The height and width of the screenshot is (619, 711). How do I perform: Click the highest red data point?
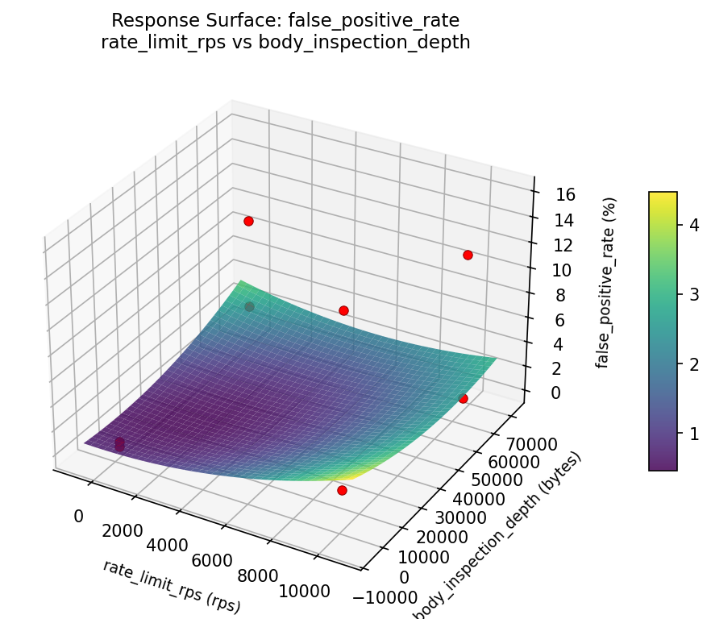(x=248, y=221)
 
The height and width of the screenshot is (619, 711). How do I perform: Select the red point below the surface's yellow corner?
(x=342, y=490)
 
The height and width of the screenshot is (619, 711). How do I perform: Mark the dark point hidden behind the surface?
(x=249, y=306)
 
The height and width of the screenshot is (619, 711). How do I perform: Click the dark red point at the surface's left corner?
(x=119, y=444)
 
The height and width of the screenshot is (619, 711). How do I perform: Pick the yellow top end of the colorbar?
(x=663, y=196)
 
